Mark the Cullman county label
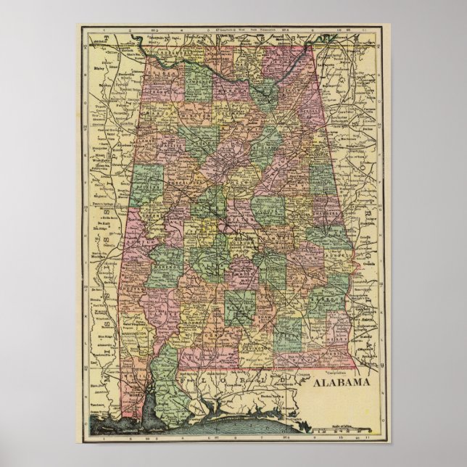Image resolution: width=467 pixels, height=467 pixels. [231, 118]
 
